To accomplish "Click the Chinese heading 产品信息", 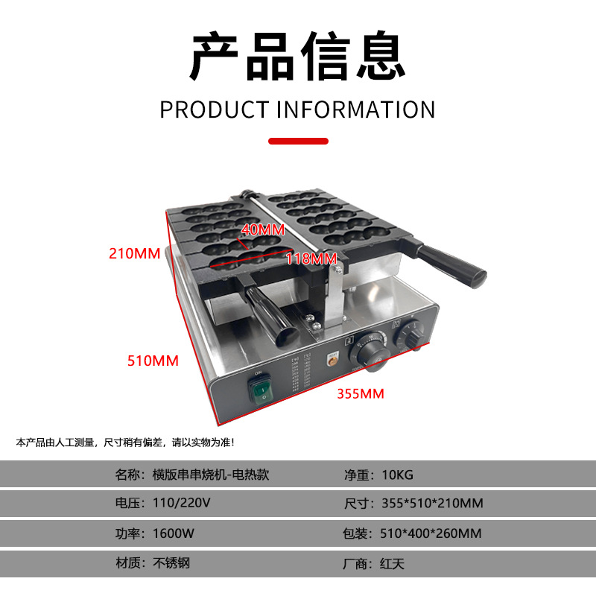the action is [x=298, y=57].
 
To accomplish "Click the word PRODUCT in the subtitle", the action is [x=213, y=109].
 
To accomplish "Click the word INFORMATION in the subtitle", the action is [x=355, y=109].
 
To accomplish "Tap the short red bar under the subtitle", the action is [x=298, y=141].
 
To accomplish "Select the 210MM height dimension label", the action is [x=135, y=253].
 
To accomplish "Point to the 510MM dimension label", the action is [x=153, y=361].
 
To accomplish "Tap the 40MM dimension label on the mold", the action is [x=263, y=229].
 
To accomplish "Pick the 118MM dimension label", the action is [x=311, y=259].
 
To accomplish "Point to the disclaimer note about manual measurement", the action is [x=125, y=443].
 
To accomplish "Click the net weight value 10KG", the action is [x=397, y=475].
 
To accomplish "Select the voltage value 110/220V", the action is [x=181, y=504].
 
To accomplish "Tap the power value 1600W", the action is [x=174, y=533].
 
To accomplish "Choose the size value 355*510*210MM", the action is [x=431, y=504].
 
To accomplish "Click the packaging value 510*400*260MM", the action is [x=431, y=533].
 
